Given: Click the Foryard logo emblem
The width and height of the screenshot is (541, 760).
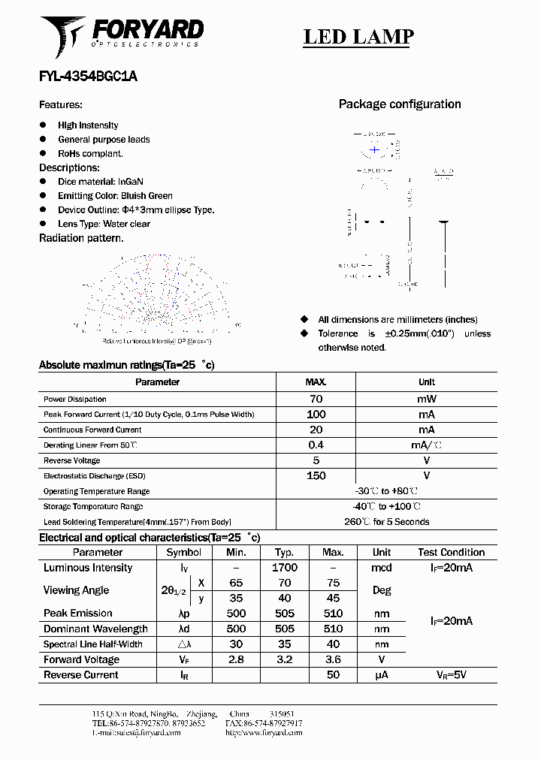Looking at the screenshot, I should (x=63, y=36).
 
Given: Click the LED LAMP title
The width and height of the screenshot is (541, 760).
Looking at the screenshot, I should (x=358, y=37).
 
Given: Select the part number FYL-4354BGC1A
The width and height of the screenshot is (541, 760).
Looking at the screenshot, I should (x=88, y=77).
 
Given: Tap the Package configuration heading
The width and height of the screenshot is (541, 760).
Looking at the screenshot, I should (x=400, y=104).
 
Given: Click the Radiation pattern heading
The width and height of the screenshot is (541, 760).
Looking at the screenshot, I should (x=81, y=238).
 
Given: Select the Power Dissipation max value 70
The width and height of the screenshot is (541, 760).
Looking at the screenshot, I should (x=316, y=400).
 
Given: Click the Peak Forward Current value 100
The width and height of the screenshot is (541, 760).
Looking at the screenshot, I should (x=316, y=415).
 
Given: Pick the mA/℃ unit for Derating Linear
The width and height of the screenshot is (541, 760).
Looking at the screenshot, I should (x=426, y=445).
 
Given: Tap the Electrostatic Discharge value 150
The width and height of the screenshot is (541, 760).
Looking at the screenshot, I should (x=316, y=476).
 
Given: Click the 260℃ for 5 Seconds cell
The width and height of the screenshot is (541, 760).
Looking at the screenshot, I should (x=387, y=522).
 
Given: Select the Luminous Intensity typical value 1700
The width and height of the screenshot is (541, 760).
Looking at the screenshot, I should (x=285, y=568).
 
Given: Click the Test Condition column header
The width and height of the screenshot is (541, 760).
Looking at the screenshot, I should (x=451, y=552).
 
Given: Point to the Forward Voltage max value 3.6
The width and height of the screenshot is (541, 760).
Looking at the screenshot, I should (x=333, y=659).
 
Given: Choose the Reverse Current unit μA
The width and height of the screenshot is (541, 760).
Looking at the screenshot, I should (x=382, y=675).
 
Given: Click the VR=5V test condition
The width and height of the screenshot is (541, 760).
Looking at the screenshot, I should (x=451, y=675).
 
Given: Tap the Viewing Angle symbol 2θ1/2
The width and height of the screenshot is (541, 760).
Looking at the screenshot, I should (x=174, y=591).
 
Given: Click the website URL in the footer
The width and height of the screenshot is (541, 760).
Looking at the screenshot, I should (x=264, y=732).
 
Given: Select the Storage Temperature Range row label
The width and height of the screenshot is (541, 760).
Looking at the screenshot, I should (x=93, y=507).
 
